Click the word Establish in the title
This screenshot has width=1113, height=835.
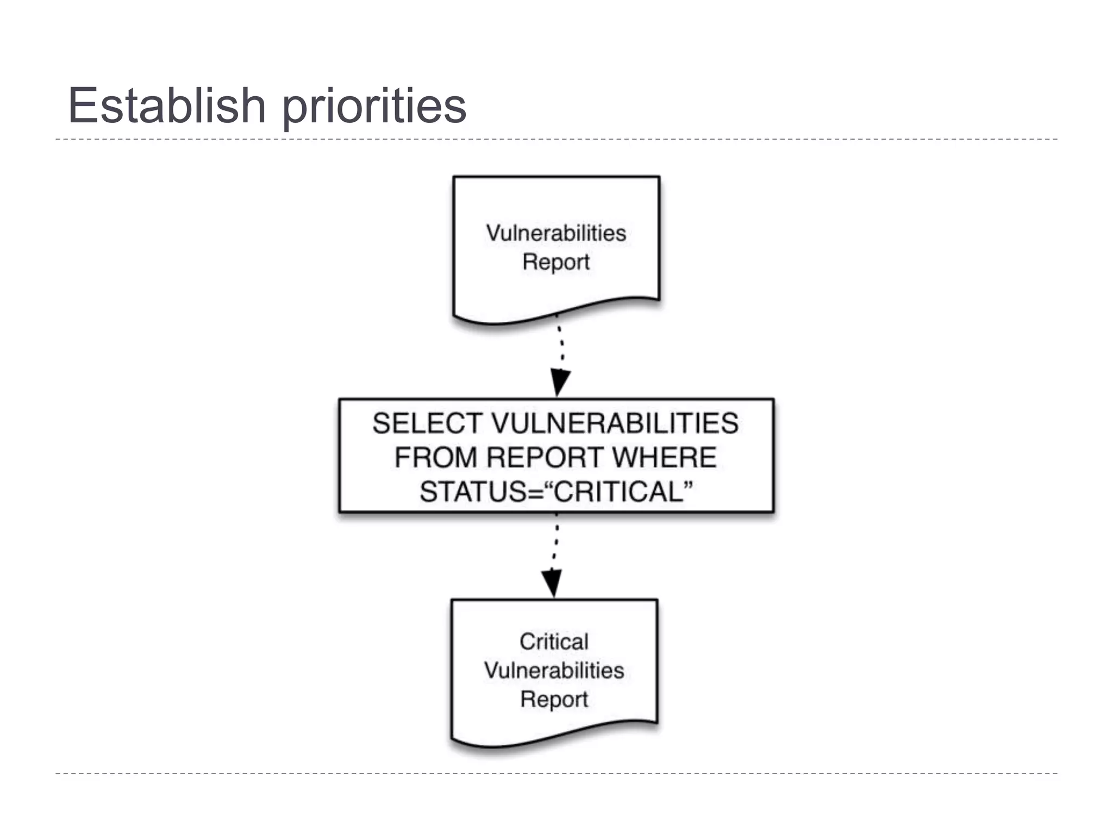tap(166, 105)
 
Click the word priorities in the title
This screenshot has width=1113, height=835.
tap(374, 107)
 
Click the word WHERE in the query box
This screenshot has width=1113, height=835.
tap(664, 457)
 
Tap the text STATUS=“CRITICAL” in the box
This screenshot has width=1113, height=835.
tap(556, 491)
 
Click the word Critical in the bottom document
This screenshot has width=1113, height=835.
tap(554, 641)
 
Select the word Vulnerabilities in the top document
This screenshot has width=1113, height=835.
tap(556, 233)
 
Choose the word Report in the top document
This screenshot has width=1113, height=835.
tap(556, 262)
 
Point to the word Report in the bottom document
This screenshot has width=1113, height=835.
tap(554, 699)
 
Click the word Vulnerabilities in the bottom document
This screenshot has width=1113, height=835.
tap(554, 670)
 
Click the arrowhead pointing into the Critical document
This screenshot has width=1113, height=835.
tap(552, 583)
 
